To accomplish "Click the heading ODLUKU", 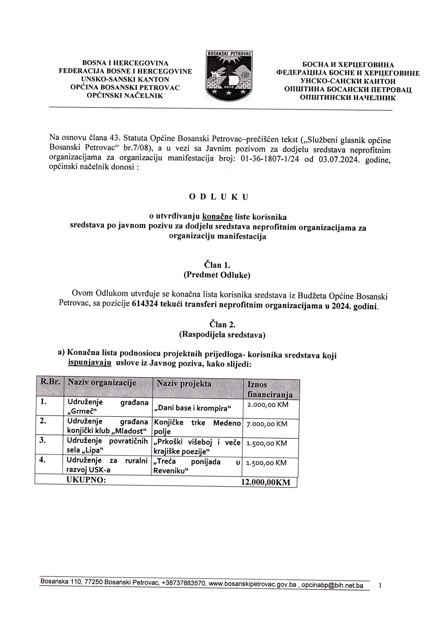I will [219, 197].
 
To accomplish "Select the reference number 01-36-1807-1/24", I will [270, 159].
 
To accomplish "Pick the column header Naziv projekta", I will [184, 383].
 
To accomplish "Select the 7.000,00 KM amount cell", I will [267, 424].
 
